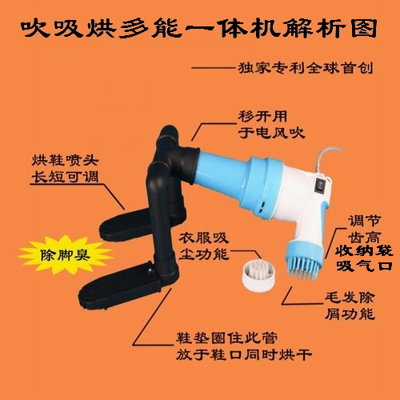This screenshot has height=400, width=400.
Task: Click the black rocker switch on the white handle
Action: (319, 186)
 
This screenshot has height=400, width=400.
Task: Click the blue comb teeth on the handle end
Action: (303, 267)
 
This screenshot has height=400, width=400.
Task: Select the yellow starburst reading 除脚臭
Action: (65, 254)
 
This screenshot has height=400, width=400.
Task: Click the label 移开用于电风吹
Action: (271, 125)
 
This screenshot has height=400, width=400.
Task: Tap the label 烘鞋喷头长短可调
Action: (65, 169)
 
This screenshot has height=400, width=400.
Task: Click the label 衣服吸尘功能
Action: (204, 246)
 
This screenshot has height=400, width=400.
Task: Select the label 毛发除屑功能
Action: (350, 306)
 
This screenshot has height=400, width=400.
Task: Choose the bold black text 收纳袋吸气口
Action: (364, 258)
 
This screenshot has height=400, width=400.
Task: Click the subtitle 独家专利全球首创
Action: (306, 68)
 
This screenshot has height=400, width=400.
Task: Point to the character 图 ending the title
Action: (364, 28)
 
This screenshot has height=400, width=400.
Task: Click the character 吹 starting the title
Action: (35, 28)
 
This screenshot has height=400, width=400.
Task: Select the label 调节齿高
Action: (364, 229)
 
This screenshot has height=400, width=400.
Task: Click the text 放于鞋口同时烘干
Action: (244, 354)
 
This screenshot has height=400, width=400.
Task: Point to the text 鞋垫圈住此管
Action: (226, 338)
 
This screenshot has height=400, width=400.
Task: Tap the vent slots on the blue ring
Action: (262, 206)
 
